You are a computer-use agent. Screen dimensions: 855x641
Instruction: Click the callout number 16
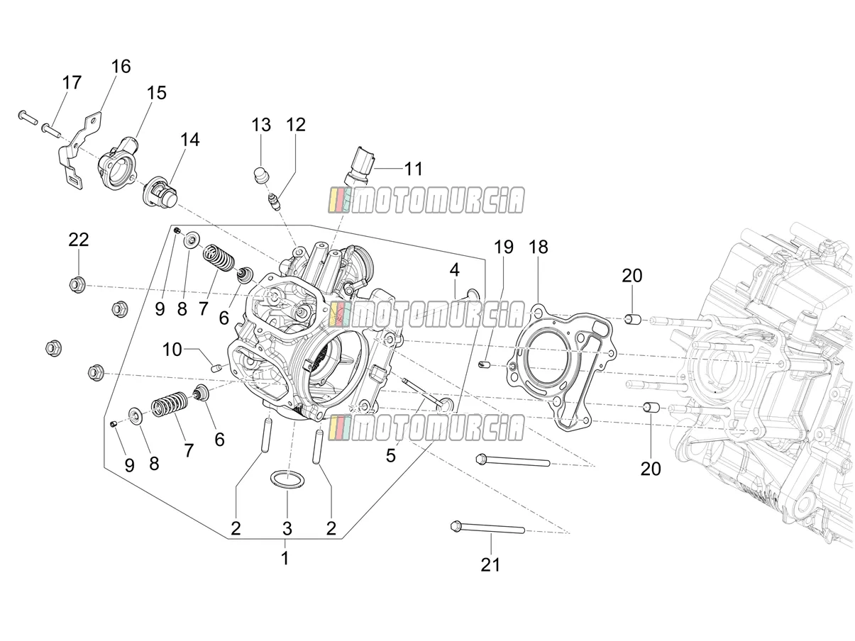(121, 67)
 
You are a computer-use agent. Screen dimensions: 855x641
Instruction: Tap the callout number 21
(490, 564)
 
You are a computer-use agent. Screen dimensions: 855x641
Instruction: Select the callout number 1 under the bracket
(285, 559)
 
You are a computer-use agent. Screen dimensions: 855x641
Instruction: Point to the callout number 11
(413, 169)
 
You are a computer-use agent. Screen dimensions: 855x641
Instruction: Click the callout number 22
(79, 240)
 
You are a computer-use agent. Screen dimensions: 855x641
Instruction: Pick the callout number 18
(539, 247)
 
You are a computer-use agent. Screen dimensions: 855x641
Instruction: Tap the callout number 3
(287, 528)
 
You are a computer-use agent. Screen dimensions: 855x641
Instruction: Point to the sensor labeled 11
(360, 166)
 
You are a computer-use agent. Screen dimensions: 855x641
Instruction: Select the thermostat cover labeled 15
(117, 162)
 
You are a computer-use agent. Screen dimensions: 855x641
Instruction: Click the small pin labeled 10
(216, 367)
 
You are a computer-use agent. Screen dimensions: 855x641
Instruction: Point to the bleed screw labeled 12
(273, 202)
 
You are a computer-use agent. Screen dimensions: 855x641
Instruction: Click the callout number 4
(454, 270)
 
